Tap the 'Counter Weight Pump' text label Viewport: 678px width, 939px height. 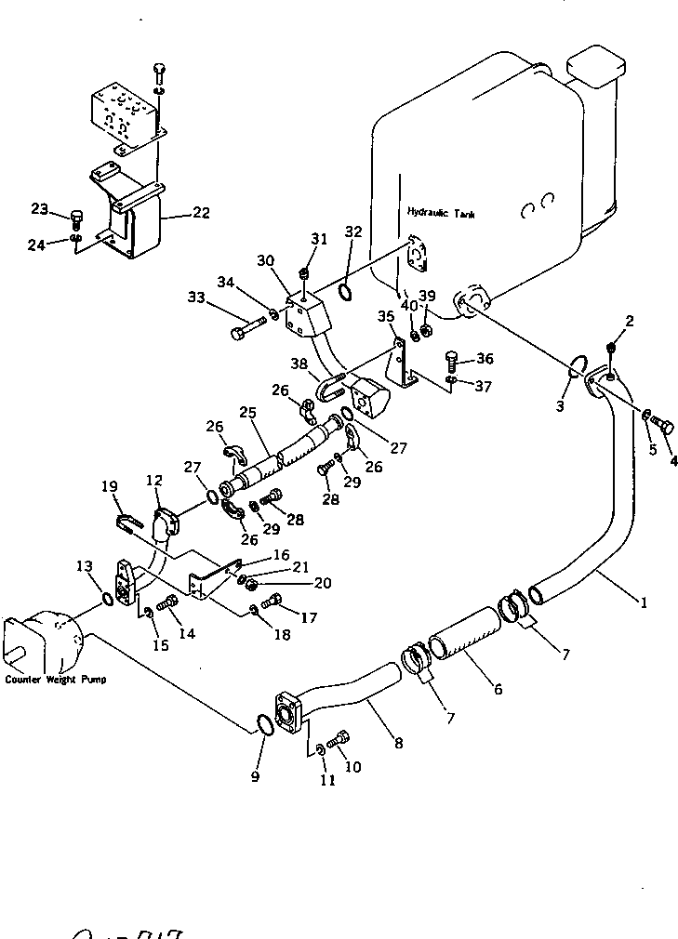(56, 680)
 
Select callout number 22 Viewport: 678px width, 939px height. (201, 213)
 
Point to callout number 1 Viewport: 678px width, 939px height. (643, 602)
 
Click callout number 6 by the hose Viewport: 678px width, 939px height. (498, 689)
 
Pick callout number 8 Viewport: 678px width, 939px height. (398, 743)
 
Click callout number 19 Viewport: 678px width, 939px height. (110, 485)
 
